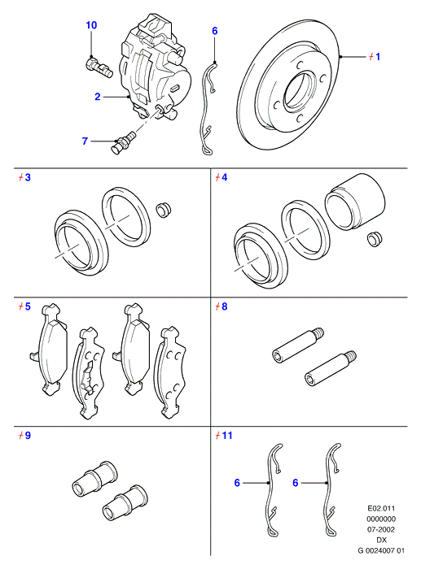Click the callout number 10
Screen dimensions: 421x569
pyautogui.click(x=91, y=25)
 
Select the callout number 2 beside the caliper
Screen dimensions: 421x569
pyautogui.click(x=98, y=97)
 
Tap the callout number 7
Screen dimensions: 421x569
pyautogui.click(x=85, y=141)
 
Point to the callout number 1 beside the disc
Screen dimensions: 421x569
pyautogui.click(x=378, y=57)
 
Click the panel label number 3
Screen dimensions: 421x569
pyautogui.click(x=28, y=177)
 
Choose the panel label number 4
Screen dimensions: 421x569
pyautogui.click(x=224, y=177)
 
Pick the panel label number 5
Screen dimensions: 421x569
pyautogui.click(x=28, y=306)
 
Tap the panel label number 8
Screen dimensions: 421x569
pyautogui.click(x=224, y=306)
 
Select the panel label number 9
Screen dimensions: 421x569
pyautogui.click(x=28, y=436)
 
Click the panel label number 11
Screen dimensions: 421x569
pyautogui.click(x=227, y=436)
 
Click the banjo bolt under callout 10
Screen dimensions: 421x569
pyautogui.click(x=99, y=67)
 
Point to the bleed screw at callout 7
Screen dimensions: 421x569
pyautogui.click(x=125, y=143)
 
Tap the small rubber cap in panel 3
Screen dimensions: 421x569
pyautogui.click(x=164, y=210)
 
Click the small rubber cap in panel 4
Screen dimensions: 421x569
pyautogui.click(x=375, y=239)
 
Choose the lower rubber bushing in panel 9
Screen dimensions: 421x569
pyautogui.click(x=125, y=502)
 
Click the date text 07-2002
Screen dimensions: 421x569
pyautogui.click(x=381, y=529)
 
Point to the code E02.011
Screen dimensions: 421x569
pyautogui.click(x=381, y=508)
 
